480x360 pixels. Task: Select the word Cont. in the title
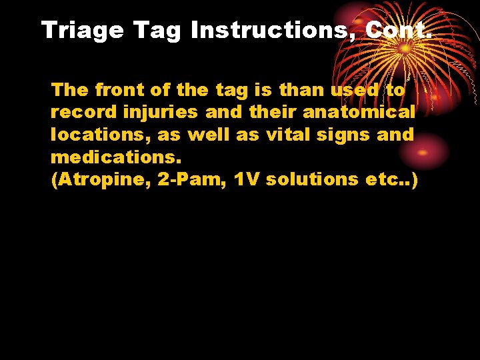(x=399, y=30)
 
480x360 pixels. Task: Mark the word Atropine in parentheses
(x=101, y=180)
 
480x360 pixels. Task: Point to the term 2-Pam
(x=193, y=180)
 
